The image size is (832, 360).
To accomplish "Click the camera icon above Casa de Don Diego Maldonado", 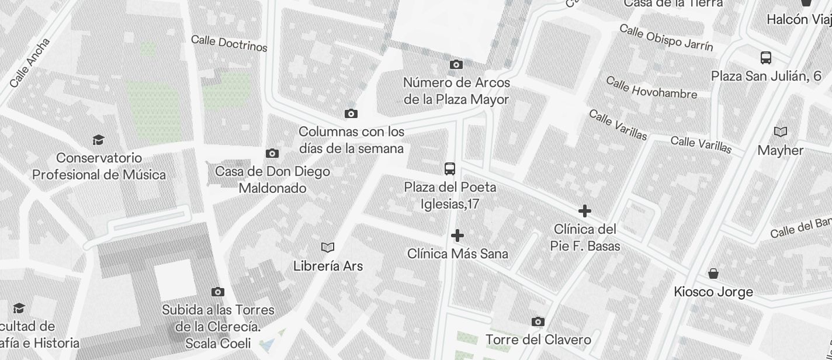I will pyautogui.click(x=272, y=154).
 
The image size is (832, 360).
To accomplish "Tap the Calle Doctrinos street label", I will pyautogui.click(x=229, y=43).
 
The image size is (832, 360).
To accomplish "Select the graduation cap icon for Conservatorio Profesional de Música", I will pyautogui.click(x=98, y=140).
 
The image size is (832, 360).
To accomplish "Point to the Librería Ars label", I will pyautogui.click(x=328, y=266).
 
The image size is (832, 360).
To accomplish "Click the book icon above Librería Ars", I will pyautogui.click(x=328, y=247).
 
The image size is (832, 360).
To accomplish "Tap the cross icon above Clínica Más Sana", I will pyautogui.click(x=457, y=236).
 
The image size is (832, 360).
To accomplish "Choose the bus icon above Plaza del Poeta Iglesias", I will pyautogui.click(x=450, y=169).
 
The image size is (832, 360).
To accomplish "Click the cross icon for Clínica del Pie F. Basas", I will pyautogui.click(x=584, y=211).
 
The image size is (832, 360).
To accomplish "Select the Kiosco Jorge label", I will pyautogui.click(x=713, y=292).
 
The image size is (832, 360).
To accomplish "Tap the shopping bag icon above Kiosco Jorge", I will pyautogui.click(x=713, y=273).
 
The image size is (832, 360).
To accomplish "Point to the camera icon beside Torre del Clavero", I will pyautogui.click(x=538, y=321).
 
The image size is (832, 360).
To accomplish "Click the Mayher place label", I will pyautogui.click(x=780, y=150).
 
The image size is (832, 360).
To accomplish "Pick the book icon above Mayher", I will pyautogui.click(x=780, y=131).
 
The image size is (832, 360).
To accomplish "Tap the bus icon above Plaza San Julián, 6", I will pyautogui.click(x=766, y=57).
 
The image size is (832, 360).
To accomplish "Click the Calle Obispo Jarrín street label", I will pyautogui.click(x=665, y=37).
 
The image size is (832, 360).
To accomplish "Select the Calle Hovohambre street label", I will pyautogui.click(x=651, y=88).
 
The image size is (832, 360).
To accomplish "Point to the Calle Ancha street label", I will pyautogui.click(x=30, y=63).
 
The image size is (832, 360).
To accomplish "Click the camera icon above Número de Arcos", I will pyautogui.click(x=456, y=64).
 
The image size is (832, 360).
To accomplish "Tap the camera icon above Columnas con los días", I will pyautogui.click(x=351, y=113).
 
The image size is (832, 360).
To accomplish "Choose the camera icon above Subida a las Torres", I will pyautogui.click(x=218, y=292).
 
